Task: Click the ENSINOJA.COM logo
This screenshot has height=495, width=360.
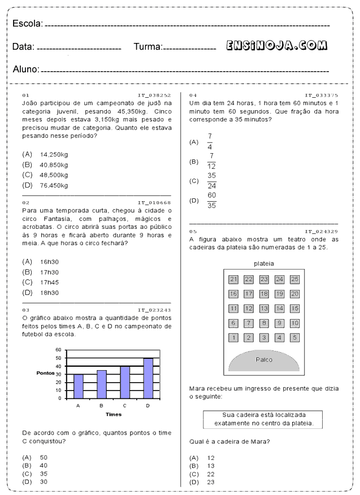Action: pos(277,46)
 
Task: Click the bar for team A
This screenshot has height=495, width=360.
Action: pos(78,386)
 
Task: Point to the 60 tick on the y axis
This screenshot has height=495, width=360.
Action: pos(58,350)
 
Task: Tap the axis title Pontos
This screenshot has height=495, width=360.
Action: pos(45,374)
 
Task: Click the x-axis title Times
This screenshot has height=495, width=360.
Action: pos(113,414)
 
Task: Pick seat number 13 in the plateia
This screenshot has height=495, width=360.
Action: pos(264,309)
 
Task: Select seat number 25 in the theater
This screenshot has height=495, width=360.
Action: pos(294,279)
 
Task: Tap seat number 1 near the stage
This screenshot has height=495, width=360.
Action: pos(233,338)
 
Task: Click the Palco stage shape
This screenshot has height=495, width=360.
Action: pos(264,360)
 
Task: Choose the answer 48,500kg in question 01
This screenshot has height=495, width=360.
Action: pos(54,175)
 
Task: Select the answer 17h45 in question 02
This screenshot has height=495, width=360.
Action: pos(50,282)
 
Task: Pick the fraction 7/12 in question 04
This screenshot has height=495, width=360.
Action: pos(211,161)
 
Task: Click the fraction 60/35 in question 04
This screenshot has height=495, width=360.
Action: pos(211,200)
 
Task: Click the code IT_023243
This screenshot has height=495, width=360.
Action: pos(154,310)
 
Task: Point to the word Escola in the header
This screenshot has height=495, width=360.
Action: pos(27,23)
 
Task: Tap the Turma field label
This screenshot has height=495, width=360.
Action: pos(148,47)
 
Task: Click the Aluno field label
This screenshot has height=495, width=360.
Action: pos(26,70)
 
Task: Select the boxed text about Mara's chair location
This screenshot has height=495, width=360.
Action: pos(264,419)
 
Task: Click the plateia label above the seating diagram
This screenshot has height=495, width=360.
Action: pos(264,263)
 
